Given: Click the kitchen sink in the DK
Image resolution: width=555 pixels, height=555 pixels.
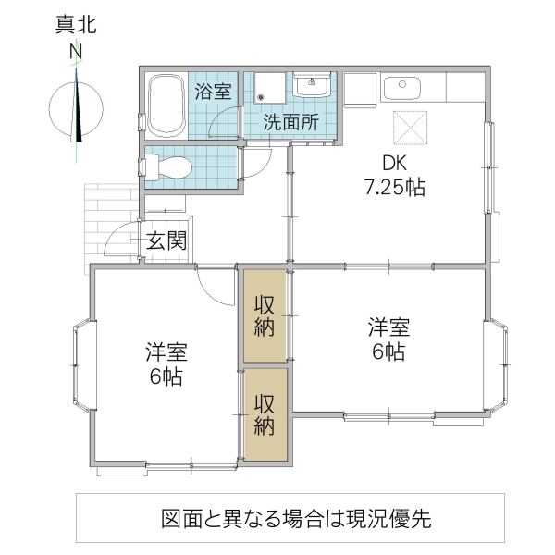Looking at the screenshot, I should point(401,87).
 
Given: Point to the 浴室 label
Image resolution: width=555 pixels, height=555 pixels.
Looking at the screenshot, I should point(213,92).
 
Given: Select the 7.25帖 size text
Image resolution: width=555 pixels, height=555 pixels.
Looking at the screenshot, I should point(394,187).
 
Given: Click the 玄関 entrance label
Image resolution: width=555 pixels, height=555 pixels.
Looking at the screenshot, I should point(168,242).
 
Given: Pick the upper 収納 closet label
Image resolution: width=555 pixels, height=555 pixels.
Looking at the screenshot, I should point(265,314).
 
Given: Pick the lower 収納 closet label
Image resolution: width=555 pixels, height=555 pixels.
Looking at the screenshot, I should point(265,414).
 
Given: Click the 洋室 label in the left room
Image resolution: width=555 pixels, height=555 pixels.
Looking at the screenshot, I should point(166,352).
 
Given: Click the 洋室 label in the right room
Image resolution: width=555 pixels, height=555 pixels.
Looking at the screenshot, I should point(389,327).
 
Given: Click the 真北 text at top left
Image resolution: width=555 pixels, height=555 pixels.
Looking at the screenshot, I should point(75,24).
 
